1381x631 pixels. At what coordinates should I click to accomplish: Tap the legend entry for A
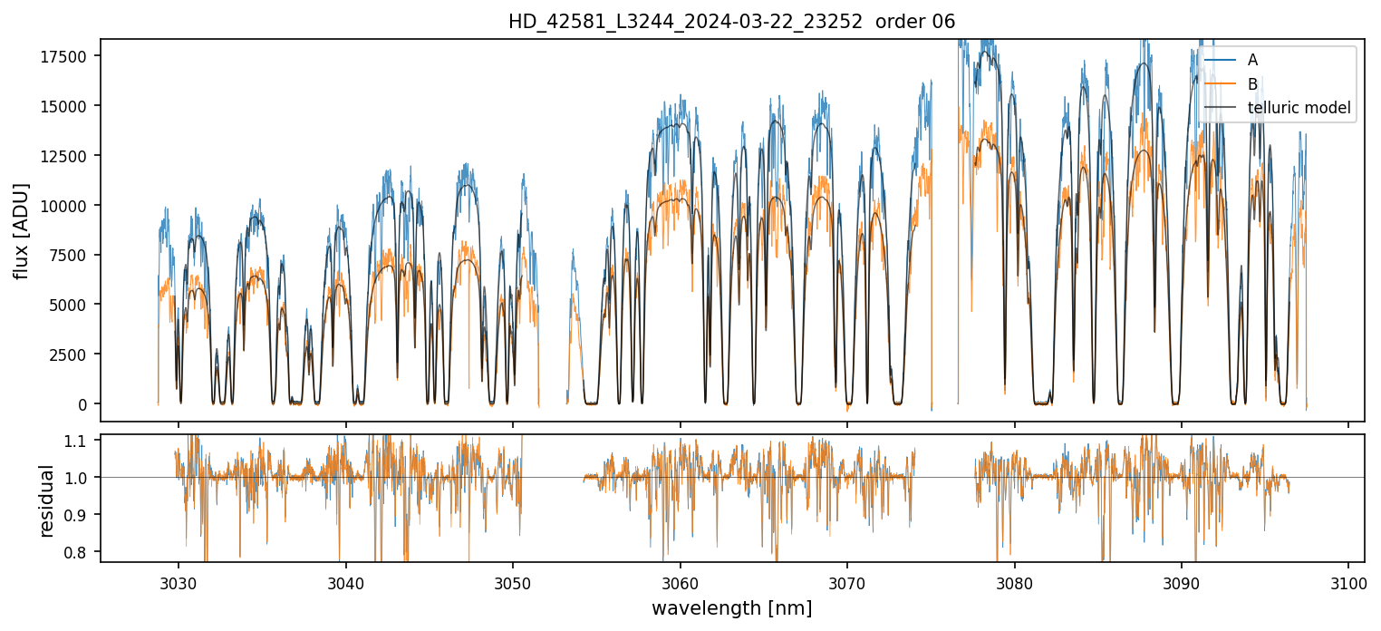pyautogui.click(x=1252, y=60)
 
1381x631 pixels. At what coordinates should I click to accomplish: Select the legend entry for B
pyautogui.click(x=1252, y=84)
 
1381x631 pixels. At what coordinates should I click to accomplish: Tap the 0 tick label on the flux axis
pyautogui.click(x=83, y=404)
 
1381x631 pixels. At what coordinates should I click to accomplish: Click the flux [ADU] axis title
pyautogui.click(x=21, y=230)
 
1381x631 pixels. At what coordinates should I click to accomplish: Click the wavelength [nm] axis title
pyautogui.click(x=731, y=608)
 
